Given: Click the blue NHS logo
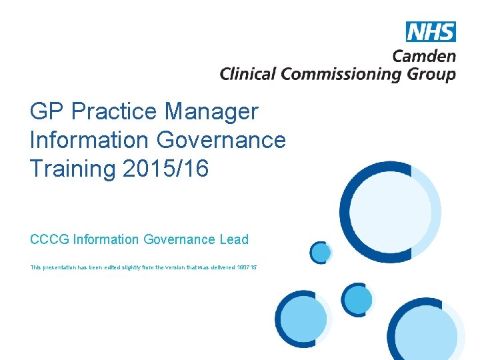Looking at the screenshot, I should click(x=431, y=32).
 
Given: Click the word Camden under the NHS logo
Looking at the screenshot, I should click(x=424, y=57).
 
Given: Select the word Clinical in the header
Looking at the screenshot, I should click(x=248, y=73).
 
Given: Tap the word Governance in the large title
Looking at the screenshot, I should click(x=221, y=139).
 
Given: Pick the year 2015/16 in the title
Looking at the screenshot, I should click(x=166, y=169).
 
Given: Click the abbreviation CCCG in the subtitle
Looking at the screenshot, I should click(x=49, y=239).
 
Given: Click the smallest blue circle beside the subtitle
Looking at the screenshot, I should click(x=321, y=252).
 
